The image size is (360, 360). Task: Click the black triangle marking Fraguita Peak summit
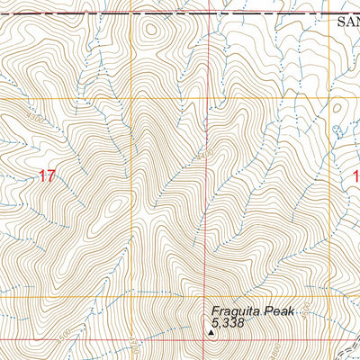(211, 331)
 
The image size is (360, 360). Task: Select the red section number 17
(47, 176)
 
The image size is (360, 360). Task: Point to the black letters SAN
(347, 24)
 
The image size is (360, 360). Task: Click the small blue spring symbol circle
(338, 129)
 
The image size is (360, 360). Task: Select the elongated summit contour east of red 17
(112, 209)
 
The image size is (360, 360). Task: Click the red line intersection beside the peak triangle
(211, 339)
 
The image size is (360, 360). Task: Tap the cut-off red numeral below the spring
(355, 176)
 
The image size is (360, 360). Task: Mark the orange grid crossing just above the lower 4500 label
(133, 297)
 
